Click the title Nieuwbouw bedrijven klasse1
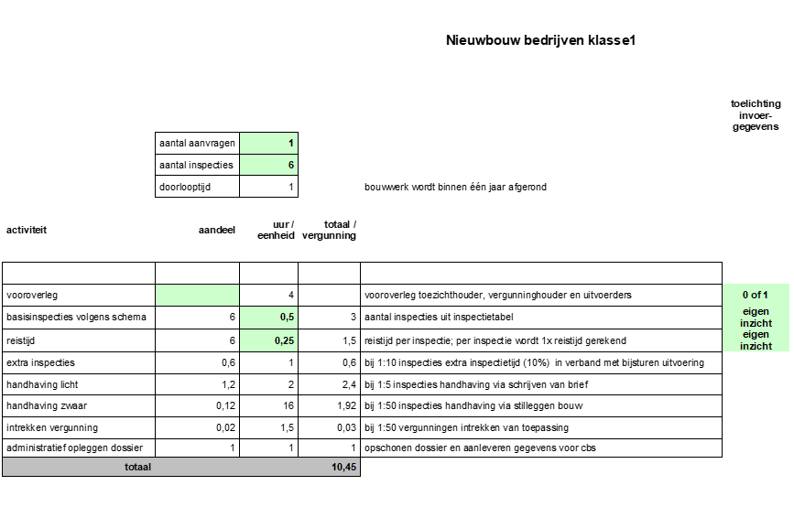(x=540, y=40)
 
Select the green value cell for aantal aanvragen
(x=268, y=143)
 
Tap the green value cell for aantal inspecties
(x=268, y=165)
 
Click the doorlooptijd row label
(x=197, y=187)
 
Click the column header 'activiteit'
(x=27, y=230)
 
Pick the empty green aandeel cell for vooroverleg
(x=197, y=295)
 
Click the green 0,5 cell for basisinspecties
(x=268, y=317)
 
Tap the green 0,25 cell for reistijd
(x=268, y=340)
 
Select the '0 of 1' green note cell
(x=756, y=295)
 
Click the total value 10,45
(x=343, y=467)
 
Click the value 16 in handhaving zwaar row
(x=287, y=405)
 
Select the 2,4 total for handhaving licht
(x=348, y=383)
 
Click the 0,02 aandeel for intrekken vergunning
(x=224, y=427)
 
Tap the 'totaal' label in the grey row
(x=137, y=467)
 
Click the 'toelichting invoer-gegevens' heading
(x=756, y=116)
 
